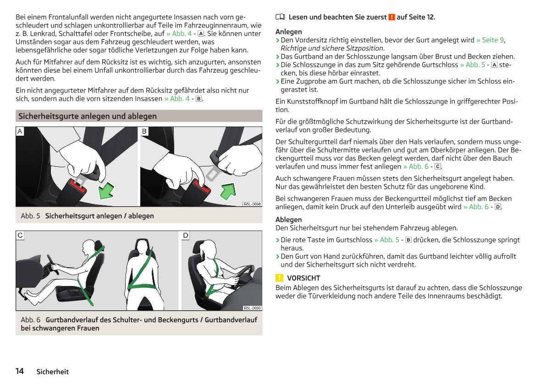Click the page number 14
click(x=20, y=371)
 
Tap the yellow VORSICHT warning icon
click(x=279, y=278)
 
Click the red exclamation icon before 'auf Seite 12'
click(x=392, y=17)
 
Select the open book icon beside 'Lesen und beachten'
click(x=280, y=16)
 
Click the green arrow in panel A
click(x=106, y=190)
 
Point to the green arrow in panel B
click(x=228, y=191)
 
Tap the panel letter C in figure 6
click(x=20, y=235)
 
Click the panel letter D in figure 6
click(x=186, y=235)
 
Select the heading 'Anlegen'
click(x=289, y=32)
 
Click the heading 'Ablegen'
click(x=289, y=220)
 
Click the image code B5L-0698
click(x=253, y=204)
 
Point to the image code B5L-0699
click(x=253, y=308)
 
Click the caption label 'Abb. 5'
click(x=30, y=216)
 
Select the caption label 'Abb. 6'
click(x=30, y=319)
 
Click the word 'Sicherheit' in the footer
click(x=53, y=372)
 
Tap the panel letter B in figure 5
click(x=144, y=131)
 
